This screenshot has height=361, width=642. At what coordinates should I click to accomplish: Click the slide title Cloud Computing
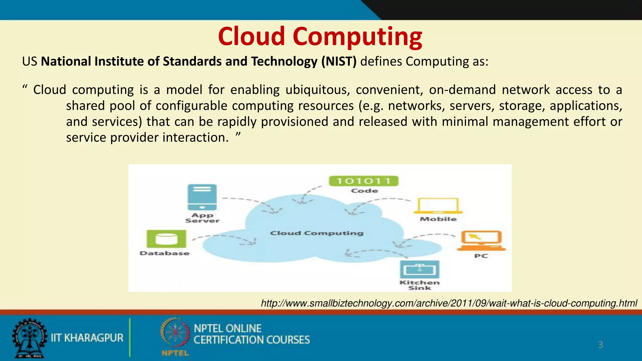(x=320, y=36)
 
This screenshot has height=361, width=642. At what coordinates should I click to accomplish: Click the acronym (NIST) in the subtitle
(x=339, y=61)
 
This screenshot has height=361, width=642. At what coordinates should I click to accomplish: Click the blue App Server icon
(x=202, y=197)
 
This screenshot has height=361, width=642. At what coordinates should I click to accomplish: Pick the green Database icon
(x=166, y=239)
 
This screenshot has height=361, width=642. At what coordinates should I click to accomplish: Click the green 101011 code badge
(x=364, y=181)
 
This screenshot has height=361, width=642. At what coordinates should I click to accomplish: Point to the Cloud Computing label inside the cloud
(x=317, y=233)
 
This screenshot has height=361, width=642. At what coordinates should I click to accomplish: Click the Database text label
(x=165, y=253)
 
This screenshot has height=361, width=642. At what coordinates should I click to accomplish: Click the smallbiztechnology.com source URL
(x=449, y=303)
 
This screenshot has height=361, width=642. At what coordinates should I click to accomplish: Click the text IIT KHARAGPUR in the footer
(x=87, y=338)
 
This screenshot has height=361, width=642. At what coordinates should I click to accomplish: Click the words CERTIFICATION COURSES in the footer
(x=251, y=340)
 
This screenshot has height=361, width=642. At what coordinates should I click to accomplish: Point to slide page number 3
(x=600, y=345)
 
